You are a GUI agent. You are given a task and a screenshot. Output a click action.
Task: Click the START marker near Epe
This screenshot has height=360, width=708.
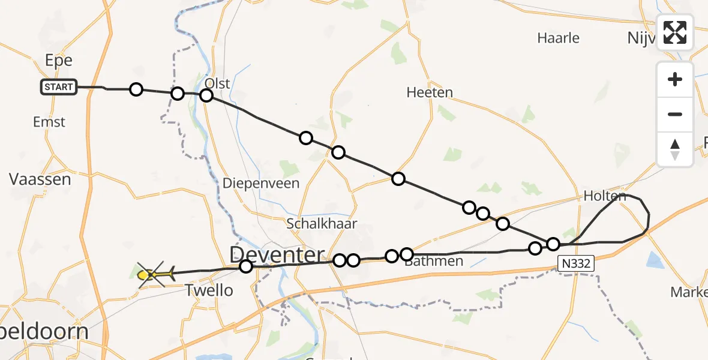tap(58, 87)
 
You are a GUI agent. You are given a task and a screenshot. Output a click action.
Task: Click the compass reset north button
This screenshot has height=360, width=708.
tap(675, 149)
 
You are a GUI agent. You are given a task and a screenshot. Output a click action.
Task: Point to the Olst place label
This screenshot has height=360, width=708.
tap(217, 83)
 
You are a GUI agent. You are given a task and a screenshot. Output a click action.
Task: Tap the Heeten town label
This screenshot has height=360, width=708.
tap(430, 92)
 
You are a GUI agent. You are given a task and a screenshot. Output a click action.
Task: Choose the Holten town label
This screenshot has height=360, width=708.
tap(604, 196)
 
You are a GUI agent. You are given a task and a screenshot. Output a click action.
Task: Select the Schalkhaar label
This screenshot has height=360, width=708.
tap(322, 224)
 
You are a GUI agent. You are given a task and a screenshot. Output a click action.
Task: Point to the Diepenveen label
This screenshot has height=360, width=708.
tap(261, 184)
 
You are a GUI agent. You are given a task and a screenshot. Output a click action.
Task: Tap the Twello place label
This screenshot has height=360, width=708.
tap(209, 291)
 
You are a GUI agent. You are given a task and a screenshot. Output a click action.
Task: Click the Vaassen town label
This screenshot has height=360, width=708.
tap(40, 179)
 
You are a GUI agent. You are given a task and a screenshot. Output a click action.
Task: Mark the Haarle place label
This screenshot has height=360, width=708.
tap(558, 38)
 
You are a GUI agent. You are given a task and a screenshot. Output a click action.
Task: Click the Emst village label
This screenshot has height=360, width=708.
tap(49, 122)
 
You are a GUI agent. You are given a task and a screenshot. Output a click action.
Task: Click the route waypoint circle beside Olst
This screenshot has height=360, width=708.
tap(206, 95)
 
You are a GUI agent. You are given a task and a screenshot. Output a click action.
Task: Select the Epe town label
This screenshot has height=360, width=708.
tap(59, 61)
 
